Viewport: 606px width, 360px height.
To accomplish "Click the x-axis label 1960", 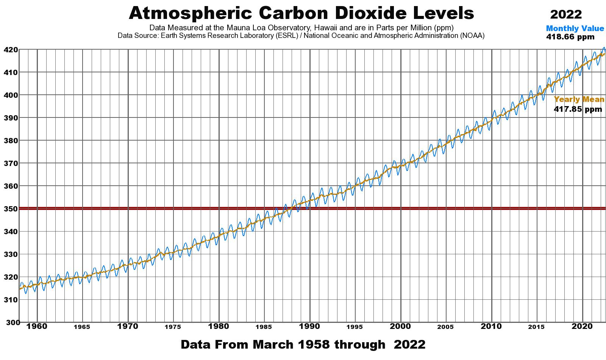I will (x=37, y=326).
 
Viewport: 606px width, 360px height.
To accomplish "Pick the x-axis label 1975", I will (x=173, y=327).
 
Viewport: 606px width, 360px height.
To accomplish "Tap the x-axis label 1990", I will (x=310, y=326).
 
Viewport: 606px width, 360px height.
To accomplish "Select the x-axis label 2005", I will (x=446, y=327).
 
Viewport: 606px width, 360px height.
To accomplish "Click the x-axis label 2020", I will (x=582, y=326).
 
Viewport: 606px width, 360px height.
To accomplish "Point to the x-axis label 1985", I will (x=264, y=327).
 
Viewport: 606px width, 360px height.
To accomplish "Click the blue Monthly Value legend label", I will (x=575, y=29).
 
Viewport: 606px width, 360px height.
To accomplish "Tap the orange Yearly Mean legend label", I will (x=579, y=100).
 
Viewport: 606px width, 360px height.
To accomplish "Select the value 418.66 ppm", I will (x=570, y=37).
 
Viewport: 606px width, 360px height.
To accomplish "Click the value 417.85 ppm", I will (x=578, y=110).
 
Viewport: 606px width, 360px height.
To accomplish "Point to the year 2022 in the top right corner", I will (x=566, y=14).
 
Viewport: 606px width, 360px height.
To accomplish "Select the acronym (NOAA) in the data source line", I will (x=472, y=36).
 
